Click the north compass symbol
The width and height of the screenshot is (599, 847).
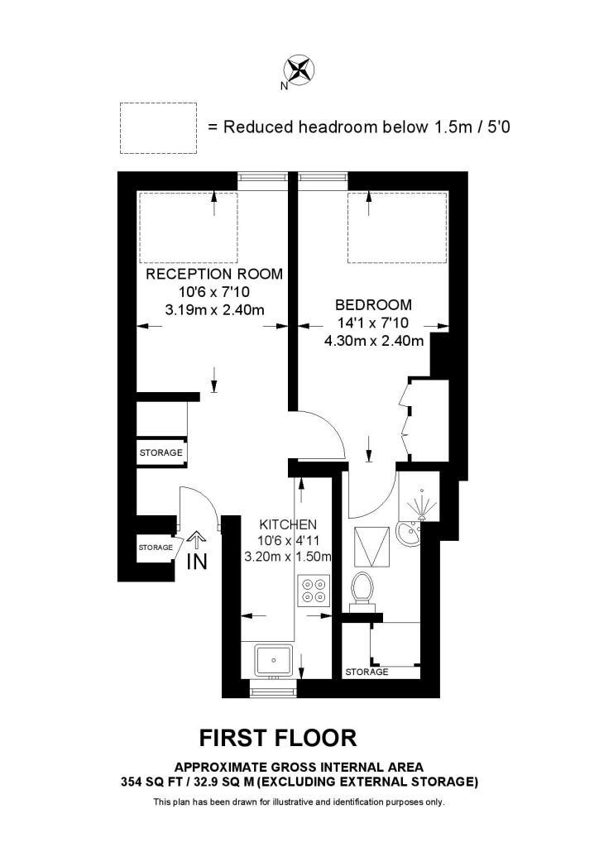pos(299,69)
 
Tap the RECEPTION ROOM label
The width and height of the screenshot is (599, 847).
pos(214,274)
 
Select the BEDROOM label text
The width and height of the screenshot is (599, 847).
pos(372,304)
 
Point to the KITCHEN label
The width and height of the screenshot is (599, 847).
pos(289,524)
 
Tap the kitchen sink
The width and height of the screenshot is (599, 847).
pos(273,660)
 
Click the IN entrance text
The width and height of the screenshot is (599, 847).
pos(196,562)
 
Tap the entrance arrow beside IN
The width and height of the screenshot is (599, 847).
pos(196,540)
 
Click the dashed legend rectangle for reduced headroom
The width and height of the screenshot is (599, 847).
pos(158,127)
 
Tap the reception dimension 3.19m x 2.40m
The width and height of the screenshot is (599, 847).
pos(214,310)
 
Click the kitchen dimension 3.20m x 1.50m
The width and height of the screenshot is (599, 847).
pos(289,557)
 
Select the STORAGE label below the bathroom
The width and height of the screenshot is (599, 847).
pos(367,672)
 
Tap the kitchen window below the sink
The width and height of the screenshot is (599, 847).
pos(273,691)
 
